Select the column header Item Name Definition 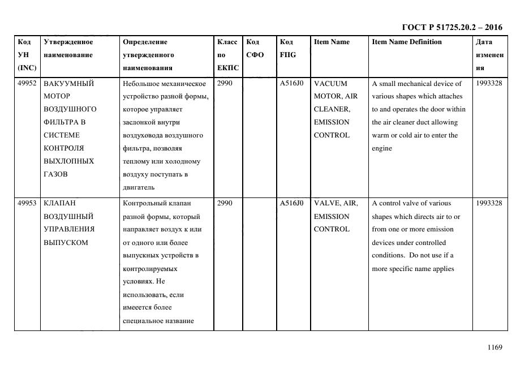click(x=407, y=42)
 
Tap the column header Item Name click(x=332, y=42)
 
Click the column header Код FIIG click(x=287, y=48)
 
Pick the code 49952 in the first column click(x=27, y=83)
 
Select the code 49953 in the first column click(x=27, y=203)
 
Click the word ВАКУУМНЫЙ click(x=68, y=83)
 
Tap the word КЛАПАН click(x=60, y=203)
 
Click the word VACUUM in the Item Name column click(x=330, y=83)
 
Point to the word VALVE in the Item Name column click(x=326, y=203)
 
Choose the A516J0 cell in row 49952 click(x=291, y=83)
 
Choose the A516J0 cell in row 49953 click(x=291, y=203)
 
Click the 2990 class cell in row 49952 click(x=225, y=83)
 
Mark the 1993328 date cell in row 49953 click(x=489, y=203)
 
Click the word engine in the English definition click(x=381, y=148)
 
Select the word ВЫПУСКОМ click(x=66, y=242)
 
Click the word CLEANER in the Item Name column click(x=332, y=109)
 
